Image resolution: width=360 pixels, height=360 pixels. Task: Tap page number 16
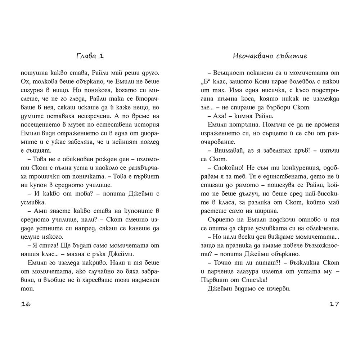(x=26, y=304)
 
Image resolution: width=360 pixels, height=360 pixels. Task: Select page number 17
(x=334, y=304)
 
